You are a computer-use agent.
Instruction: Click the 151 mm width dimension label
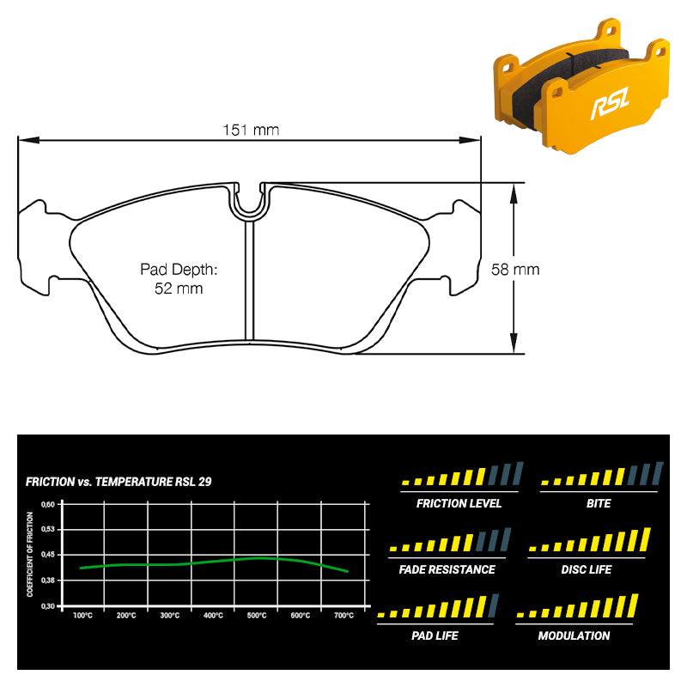click(x=251, y=130)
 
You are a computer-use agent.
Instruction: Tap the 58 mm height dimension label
click(x=515, y=269)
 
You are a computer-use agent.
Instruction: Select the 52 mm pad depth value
click(x=179, y=289)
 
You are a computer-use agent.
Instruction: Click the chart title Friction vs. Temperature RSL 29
click(x=119, y=482)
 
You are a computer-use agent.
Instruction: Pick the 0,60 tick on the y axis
click(x=48, y=504)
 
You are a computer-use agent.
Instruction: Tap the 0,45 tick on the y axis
click(x=48, y=554)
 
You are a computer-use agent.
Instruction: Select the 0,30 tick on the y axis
click(x=48, y=606)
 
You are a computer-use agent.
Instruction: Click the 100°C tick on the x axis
click(x=82, y=615)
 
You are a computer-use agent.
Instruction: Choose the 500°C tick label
click(x=257, y=615)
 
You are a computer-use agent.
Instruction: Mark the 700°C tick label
click(x=344, y=615)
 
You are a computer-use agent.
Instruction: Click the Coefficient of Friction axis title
click(x=30, y=554)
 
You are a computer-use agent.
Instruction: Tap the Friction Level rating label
click(x=459, y=503)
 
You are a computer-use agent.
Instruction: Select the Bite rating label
click(x=599, y=503)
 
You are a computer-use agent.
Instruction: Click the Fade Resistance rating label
click(x=447, y=569)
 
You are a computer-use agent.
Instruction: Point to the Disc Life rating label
click(x=587, y=569)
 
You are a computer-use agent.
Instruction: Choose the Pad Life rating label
click(x=435, y=635)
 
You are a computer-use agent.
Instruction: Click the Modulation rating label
click(x=574, y=635)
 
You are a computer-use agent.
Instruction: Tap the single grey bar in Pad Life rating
click(x=493, y=605)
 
